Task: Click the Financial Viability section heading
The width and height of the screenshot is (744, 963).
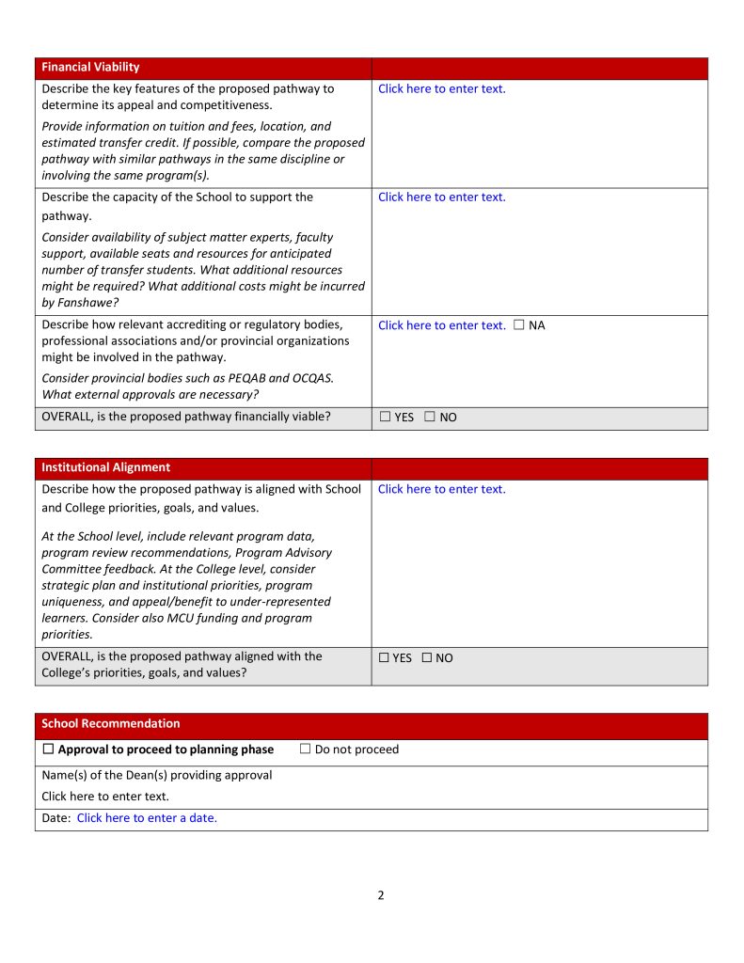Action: pyautogui.click(x=90, y=68)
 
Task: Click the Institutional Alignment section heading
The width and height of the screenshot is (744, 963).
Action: pyautogui.click(x=105, y=467)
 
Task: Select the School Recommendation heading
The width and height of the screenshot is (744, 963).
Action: pyautogui.click(x=110, y=724)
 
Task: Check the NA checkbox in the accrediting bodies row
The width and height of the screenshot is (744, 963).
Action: pyautogui.click(x=519, y=325)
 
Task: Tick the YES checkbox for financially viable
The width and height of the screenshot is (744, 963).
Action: pyautogui.click(x=386, y=417)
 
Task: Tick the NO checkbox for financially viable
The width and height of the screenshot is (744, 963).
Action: pyautogui.click(x=430, y=417)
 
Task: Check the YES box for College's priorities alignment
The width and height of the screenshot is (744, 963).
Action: pyautogui.click(x=384, y=658)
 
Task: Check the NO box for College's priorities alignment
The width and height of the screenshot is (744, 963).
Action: pyautogui.click(x=427, y=658)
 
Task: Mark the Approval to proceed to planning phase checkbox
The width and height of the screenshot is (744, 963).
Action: pyautogui.click(x=49, y=750)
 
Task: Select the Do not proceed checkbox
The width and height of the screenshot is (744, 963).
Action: pyautogui.click(x=306, y=750)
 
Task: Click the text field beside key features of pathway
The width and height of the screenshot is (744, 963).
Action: pyautogui.click(x=441, y=89)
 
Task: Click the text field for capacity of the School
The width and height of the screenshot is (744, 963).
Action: pyautogui.click(x=441, y=197)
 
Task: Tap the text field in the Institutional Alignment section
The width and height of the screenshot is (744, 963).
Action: pyautogui.click(x=441, y=489)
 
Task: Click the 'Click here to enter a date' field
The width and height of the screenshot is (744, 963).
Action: pyautogui.click(x=147, y=818)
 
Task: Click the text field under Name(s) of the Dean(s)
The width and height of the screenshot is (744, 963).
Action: pyautogui.click(x=105, y=797)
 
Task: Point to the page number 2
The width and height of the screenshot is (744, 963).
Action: pyautogui.click(x=380, y=895)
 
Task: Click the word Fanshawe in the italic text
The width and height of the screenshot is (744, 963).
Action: pyautogui.click(x=85, y=303)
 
